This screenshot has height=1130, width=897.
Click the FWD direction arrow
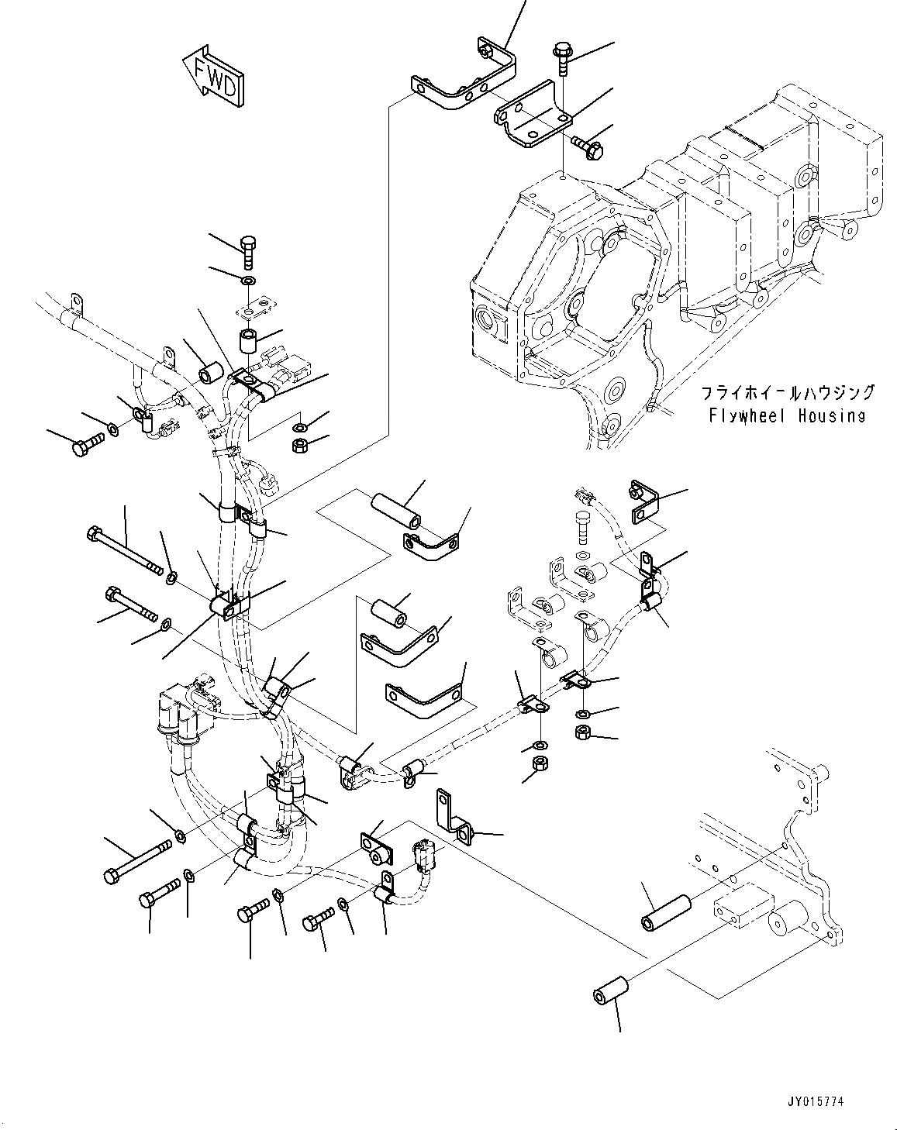pyautogui.click(x=212, y=77)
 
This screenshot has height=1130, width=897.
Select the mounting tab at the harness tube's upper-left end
pyautogui.click(x=76, y=302)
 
